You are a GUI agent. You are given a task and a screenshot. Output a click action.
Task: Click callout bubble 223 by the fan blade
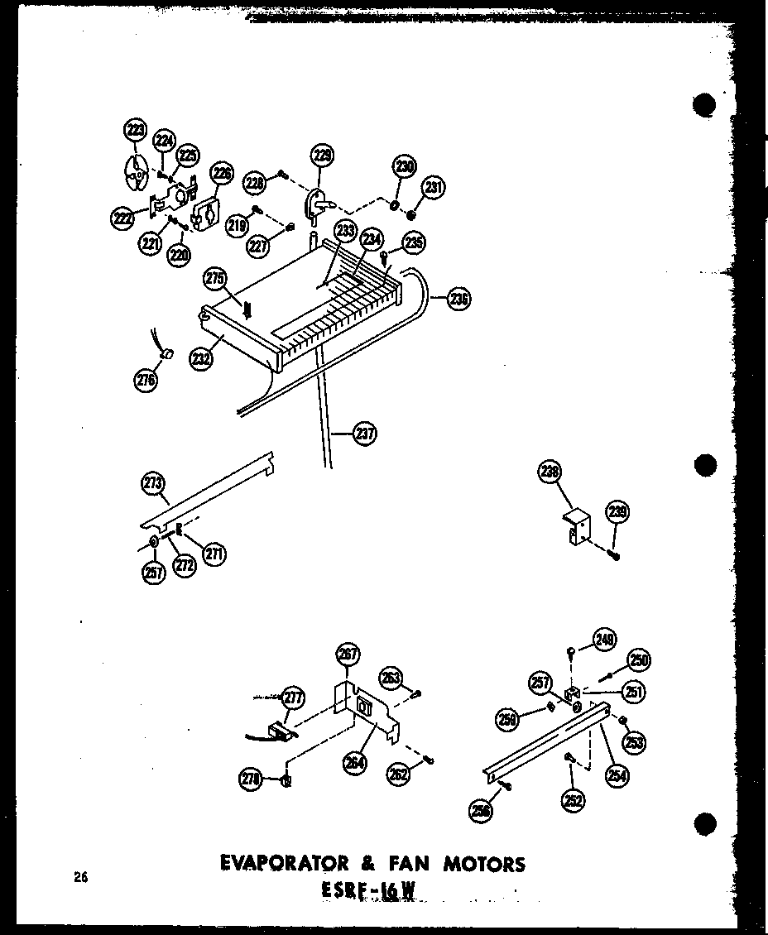tap(134, 130)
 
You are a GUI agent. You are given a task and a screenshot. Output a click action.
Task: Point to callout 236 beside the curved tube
tap(458, 299)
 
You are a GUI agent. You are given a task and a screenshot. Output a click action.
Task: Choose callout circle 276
tap(145, 380)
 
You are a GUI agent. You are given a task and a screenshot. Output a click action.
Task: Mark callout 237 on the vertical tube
tap(364, 433)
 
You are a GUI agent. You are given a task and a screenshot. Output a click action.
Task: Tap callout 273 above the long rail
tap(153, 484)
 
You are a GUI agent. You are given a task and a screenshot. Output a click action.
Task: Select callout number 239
tap(617, 512)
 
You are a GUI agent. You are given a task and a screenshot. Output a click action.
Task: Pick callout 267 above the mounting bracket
tap(348, 654)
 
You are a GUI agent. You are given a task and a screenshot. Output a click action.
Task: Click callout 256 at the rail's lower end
tap(480, 813)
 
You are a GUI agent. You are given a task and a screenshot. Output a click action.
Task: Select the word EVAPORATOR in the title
tap(276, 865)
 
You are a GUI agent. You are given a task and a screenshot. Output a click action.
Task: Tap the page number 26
tap(79, 878)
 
